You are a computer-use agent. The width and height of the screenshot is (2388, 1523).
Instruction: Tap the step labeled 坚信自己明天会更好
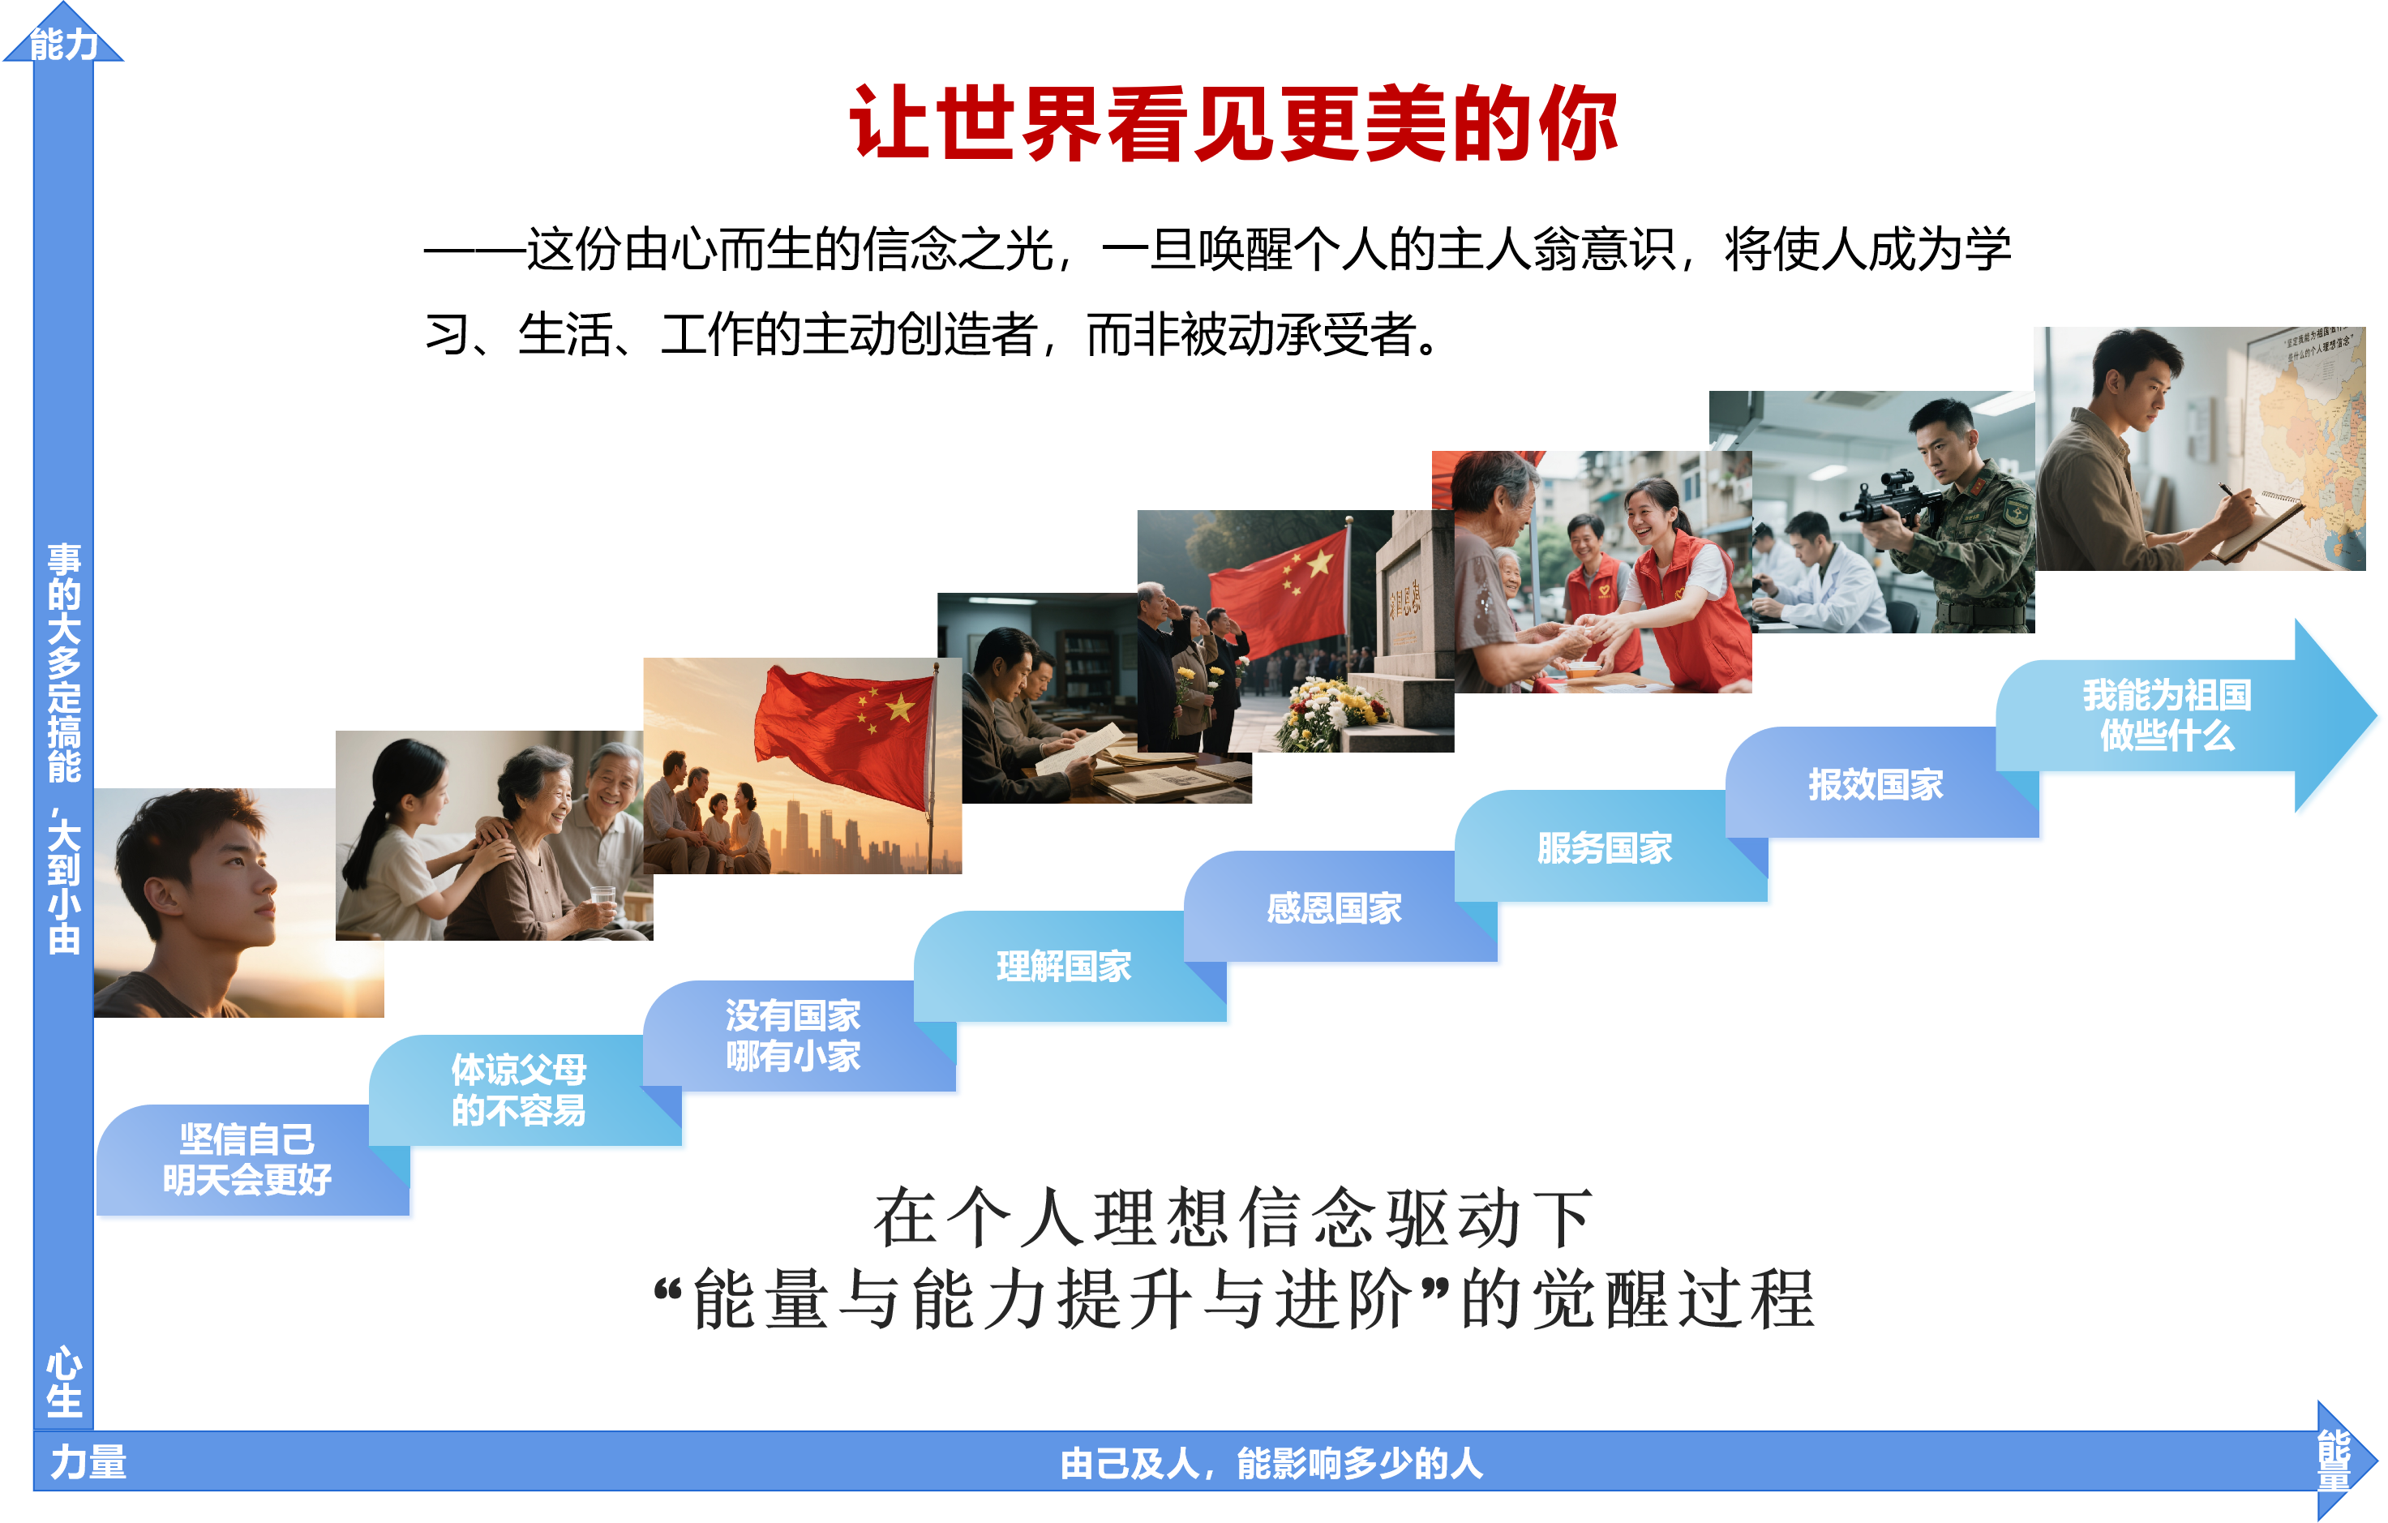(247, 1159)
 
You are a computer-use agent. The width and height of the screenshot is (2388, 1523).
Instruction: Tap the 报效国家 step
(1876, 783)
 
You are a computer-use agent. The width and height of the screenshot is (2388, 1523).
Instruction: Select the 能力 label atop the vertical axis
(63, 44)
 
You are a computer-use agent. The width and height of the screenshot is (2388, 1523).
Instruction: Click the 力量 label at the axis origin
(88, 1461)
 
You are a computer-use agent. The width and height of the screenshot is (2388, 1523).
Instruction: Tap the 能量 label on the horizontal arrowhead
(2334, 1460)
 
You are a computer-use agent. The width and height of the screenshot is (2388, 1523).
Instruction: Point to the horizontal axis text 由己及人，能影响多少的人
(1271, 1462)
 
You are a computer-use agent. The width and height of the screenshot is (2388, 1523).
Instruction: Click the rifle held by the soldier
(1894, 500)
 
